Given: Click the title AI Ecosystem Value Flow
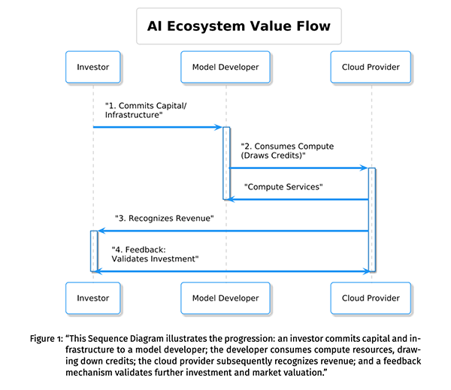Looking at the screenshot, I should (x=238, y=27).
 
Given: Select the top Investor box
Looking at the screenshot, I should (x=93, y=68).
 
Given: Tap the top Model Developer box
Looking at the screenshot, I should (x=225, y=68).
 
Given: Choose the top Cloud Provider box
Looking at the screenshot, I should (x=371, y=68).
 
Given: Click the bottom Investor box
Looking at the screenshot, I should (x=93, y=298).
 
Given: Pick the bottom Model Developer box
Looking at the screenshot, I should (x=225, y=298).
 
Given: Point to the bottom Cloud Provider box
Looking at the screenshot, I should (x=371, y=298).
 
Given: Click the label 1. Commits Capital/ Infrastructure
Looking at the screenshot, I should (x=145, y=110).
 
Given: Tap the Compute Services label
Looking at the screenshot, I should (x=283, y=186).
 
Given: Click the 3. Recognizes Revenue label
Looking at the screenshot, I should (x=165, y=218).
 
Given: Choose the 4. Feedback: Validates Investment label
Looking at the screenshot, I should (x=154, y=253).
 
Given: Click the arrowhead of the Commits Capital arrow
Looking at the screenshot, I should (x=218, y=127).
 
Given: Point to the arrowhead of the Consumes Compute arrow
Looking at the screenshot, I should (x=364, y=168).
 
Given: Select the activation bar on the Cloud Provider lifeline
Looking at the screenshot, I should (x=371, y=219).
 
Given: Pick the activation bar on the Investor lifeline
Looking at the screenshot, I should (x=93, y=250).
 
